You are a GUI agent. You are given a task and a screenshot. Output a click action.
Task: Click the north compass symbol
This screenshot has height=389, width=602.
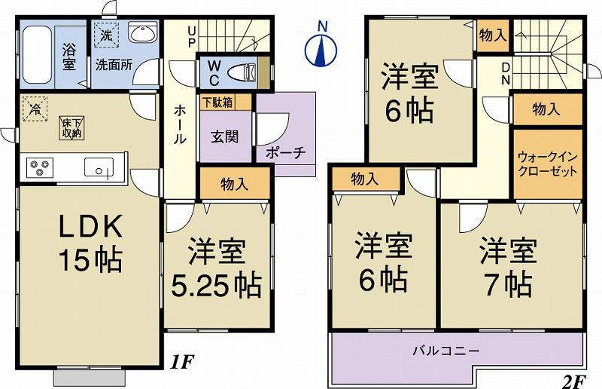point(322,47)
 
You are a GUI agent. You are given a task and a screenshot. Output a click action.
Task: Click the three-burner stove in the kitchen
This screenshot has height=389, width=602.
point(38,167)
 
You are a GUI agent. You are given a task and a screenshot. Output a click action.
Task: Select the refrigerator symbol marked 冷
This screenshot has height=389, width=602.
point(34,109)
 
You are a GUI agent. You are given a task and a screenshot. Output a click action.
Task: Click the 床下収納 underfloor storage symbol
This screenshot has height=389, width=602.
point(70,128)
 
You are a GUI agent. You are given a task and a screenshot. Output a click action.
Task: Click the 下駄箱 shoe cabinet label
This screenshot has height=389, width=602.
point(216,100)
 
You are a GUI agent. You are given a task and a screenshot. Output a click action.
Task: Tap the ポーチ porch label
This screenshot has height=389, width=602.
point(285,152)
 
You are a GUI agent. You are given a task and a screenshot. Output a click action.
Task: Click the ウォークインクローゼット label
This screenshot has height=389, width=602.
point(548,164)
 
